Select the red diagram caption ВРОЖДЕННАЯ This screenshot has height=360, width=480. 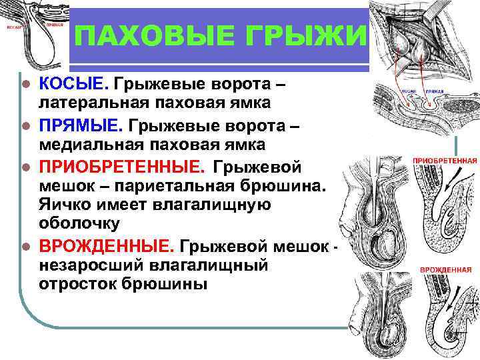pos(444,270)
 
